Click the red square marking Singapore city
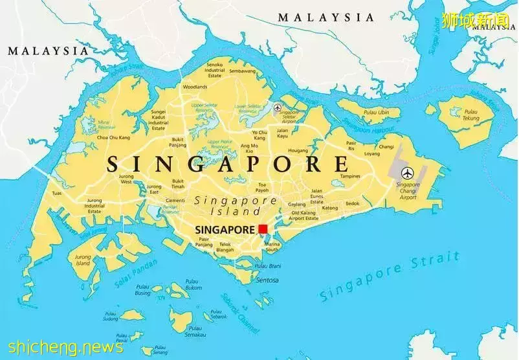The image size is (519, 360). pyautogui.click(x=263, y=229)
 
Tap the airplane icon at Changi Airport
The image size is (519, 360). pyautogui.click(x=407, y=173)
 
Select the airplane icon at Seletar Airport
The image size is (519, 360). pyautogui.click(x=278, y=107)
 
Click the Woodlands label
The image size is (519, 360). pyautogui.click(x=195, y=87)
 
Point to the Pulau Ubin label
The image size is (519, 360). pyautogui.click(x=376, y=113)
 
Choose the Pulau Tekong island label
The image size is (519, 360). pyautogui.click(x=470, y=115)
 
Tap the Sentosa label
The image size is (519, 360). pyautogui.click(x=267, y=280)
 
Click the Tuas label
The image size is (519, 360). pyautogui.click(x=58, y=193)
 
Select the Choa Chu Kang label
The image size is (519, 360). pyautogui.click(x=113, y=138)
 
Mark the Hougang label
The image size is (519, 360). pyautogui.click(x=298, y=150)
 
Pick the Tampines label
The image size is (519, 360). pyautogui.click(x=350, y=176)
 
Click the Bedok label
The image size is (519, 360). pyautogui.click(x=352, y=203)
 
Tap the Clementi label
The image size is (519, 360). pyautogui.click(x=175, y=201)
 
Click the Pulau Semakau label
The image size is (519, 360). pyautogui.click(x=195, y=332)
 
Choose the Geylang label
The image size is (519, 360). pyautogui.click(x=297, y=204)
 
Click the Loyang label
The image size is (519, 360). pyautogui.click(x=372, y=154)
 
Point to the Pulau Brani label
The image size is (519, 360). pyautogui.click(x=267, y=266)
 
